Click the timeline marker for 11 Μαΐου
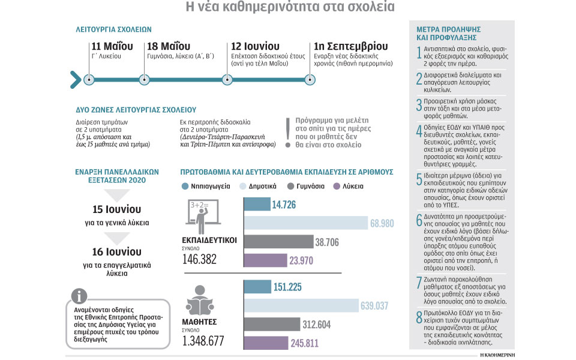coord(89,80)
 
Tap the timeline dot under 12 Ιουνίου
coord(227,80)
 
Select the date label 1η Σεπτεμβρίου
coord(351,46)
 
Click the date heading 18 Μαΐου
coord(169,46)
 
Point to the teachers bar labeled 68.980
coord(305,223)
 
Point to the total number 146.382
coord(199,259)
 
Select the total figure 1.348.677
coord(203,341)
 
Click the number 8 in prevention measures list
coord(419,317)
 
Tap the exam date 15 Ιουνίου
coord(116,209)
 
